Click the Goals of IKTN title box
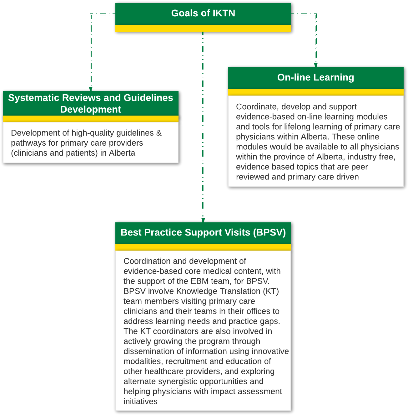[x=203, y=13]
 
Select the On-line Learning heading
[x=315, y=77]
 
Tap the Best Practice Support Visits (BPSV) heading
[x=203, y=232]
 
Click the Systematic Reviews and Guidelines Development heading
[x=91, y=103]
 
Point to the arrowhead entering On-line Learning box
[x=316, y=65]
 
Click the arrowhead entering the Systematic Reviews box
[x=91, y=89]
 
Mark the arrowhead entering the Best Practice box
[x=203, y=220]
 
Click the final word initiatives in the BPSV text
[x=140, y=402]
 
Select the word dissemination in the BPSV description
[x=150, y=351]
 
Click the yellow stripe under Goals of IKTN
[x=203, y=29]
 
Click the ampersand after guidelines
[x=159, y=133]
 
